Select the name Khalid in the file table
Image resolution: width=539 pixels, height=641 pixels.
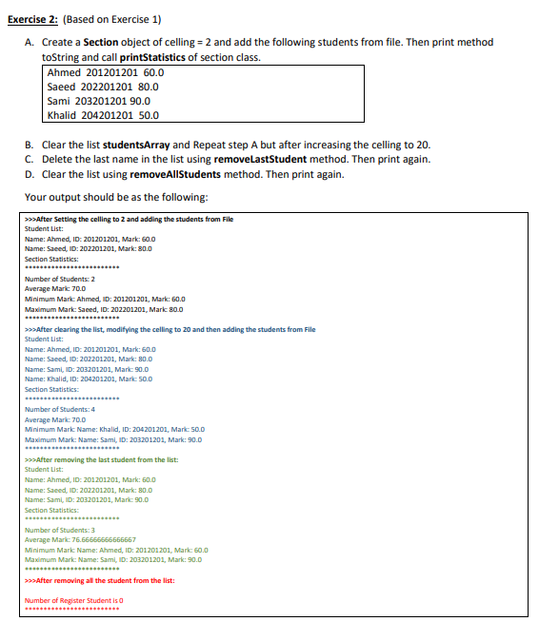click(64, 115)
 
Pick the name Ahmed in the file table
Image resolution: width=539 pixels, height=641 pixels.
click(64, 72)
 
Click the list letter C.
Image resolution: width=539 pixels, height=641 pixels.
click(30, 159)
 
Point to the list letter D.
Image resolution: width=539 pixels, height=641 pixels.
click(30, 174)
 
